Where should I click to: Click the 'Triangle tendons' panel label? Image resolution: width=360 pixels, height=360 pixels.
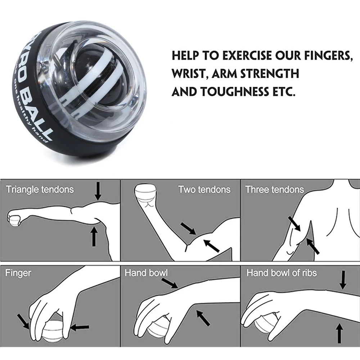point(40,189)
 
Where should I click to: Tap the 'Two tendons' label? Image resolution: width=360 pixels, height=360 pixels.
point(204,189)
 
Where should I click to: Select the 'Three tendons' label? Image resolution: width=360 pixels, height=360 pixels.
point(274,189)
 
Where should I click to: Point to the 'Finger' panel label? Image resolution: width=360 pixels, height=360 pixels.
point(18,273)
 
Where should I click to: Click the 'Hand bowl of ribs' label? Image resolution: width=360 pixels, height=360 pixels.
point(281,273)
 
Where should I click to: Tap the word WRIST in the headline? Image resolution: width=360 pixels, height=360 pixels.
point(189,74)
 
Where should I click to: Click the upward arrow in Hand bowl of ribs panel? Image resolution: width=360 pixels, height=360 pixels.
point(339,333)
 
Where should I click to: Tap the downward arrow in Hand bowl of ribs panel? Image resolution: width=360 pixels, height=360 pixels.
point(343,280)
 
